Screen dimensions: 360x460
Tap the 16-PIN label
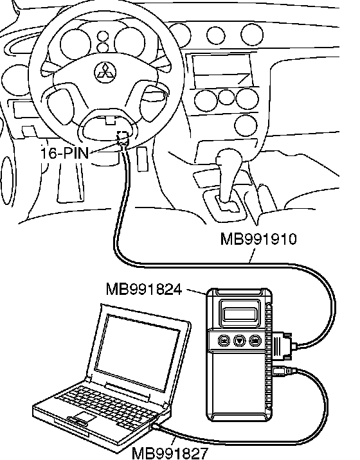pyautogui.click(x=64, y=153)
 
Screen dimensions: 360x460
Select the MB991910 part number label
pyautogui.click(x=258, y=239)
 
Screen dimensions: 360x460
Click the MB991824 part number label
pyautogui.click(x=144, y=290)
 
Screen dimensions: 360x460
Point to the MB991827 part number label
pyautogui.click(x=170, y=453)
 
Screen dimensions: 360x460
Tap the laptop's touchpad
pyautogui.click(x=85, y=416)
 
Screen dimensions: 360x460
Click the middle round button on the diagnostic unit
pyautogui.click(x=239, y=341)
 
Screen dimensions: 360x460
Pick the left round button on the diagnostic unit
pyautogui.click(x=224, y=341)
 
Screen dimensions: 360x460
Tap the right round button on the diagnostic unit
pyautogui.click(x=255, y=341)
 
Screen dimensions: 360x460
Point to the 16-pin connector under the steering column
pyautogui.click(x=123, y=138)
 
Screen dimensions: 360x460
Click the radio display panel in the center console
pyautogui.click(x=222, y=70)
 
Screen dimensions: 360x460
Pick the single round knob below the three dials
pyautogui.click(x=246, y=125)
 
